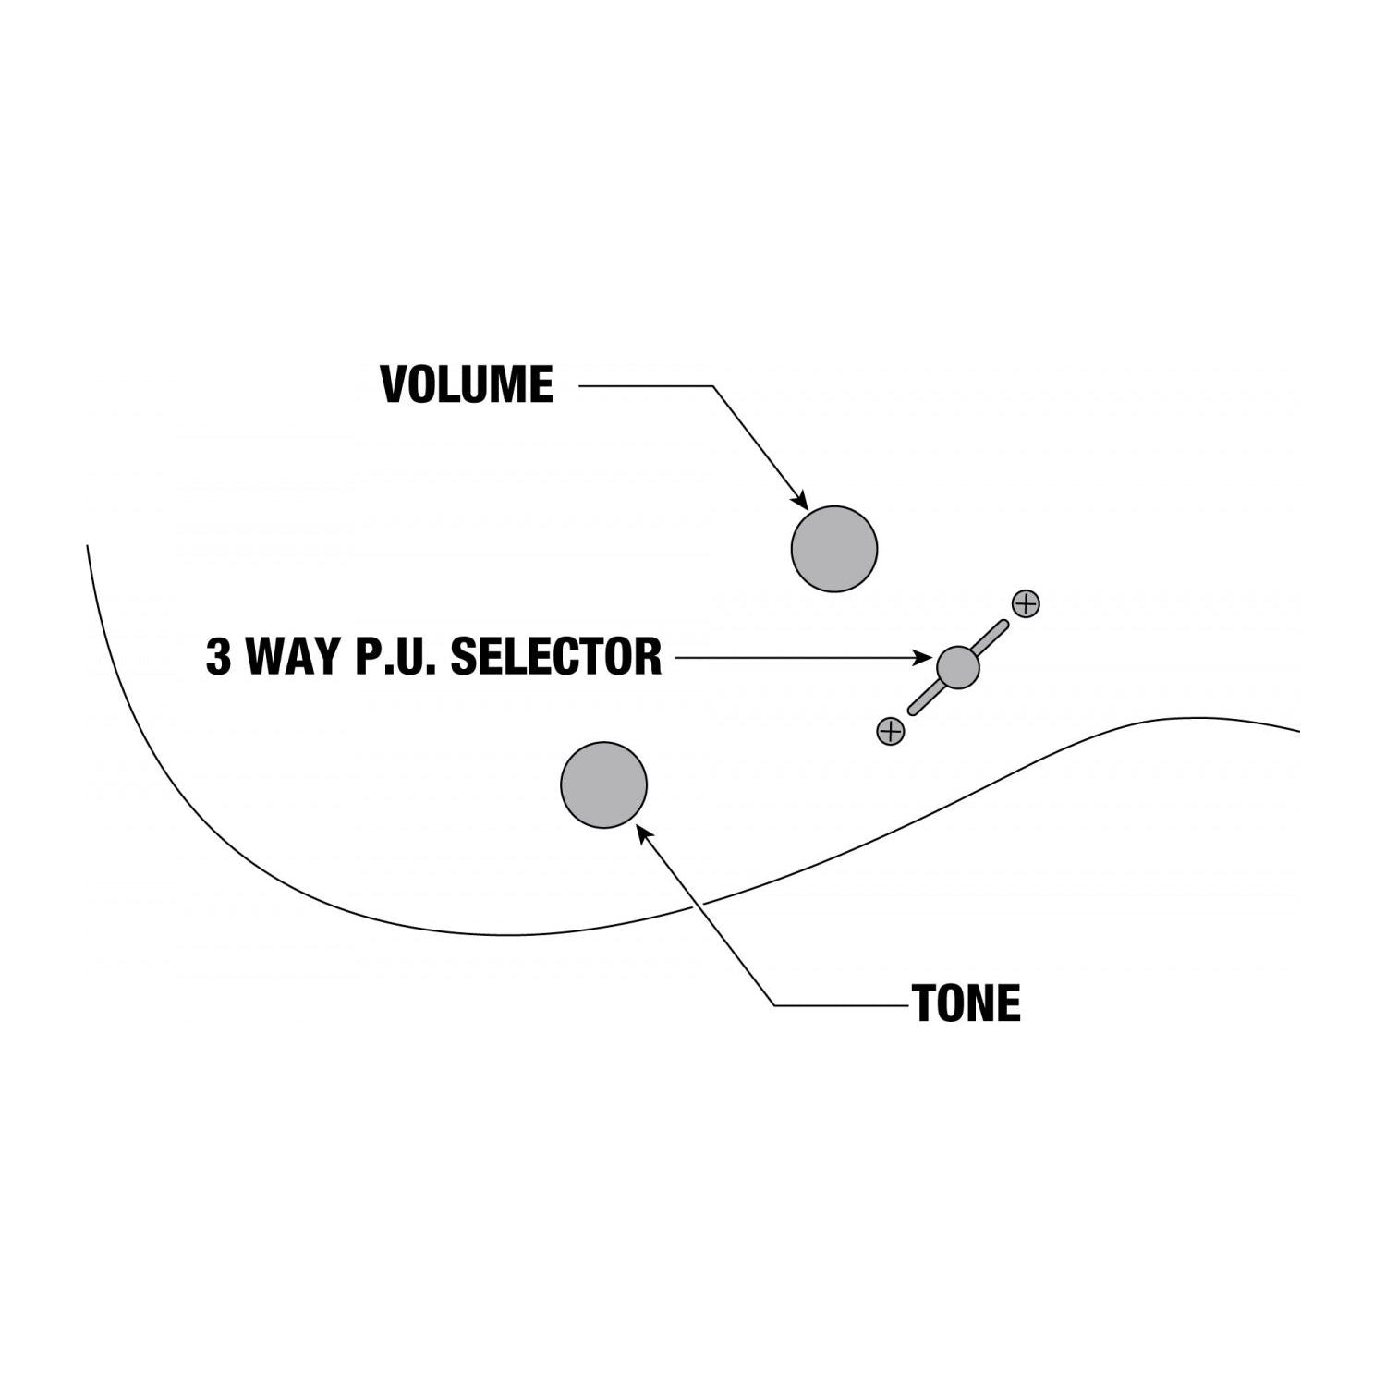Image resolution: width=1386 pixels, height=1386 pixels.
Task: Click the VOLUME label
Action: (x=467, y=385)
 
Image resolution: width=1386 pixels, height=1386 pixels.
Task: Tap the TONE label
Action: (x=967, y=1003)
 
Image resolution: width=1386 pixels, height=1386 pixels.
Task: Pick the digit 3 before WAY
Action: (x=218, y=657)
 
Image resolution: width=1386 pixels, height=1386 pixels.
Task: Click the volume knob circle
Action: (x=833, y=549)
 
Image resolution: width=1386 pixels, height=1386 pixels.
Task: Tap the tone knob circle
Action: (x=603, y=784)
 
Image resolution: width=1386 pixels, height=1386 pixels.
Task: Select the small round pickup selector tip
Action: (x=957, y=666)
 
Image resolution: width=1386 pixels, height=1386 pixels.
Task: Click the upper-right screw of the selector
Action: (x=1026, y=603)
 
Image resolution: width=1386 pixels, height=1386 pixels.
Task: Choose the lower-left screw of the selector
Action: (x=890, y=731)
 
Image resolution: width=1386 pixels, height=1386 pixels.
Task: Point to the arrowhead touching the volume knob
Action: (x=800, y=500)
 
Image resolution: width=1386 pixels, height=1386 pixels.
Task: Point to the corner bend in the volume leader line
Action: (x=712, y=386)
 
